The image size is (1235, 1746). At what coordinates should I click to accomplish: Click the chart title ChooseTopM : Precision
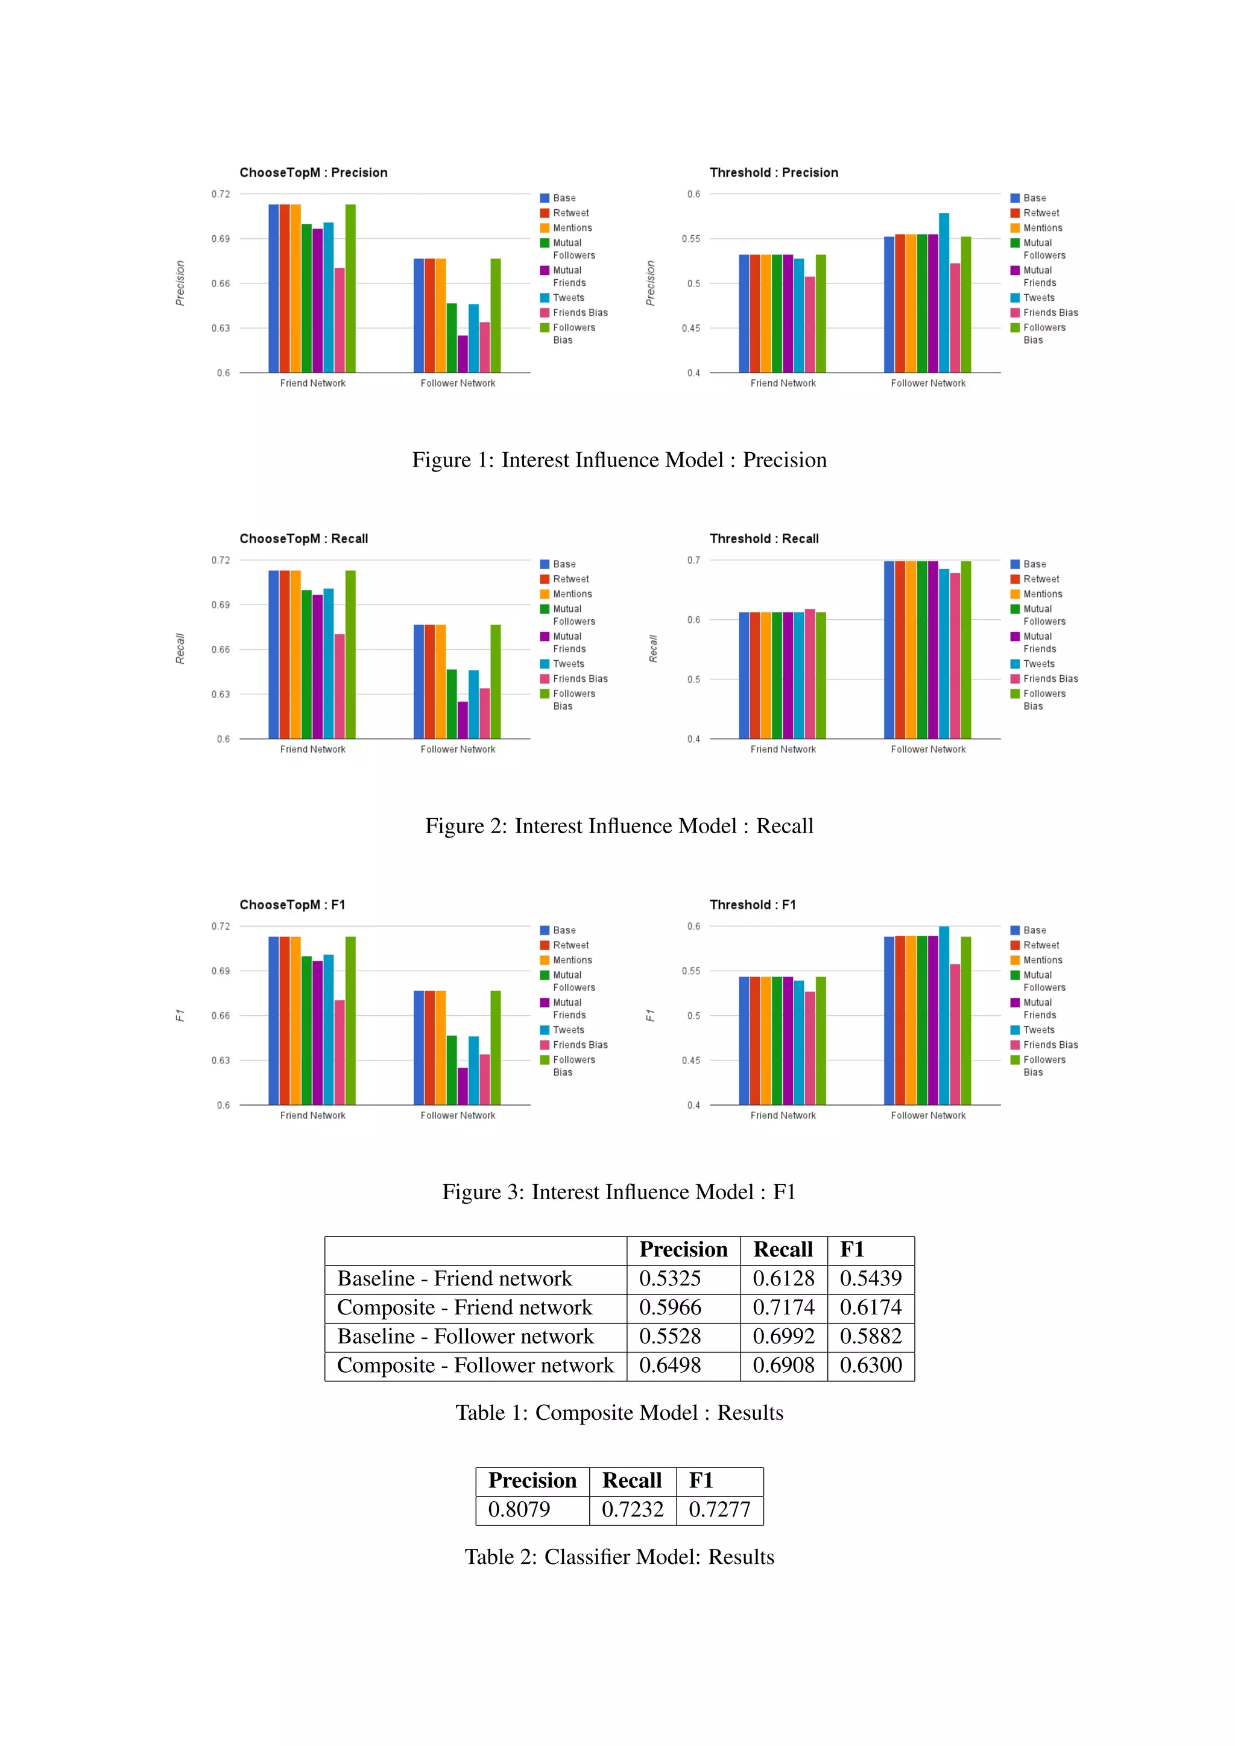314,172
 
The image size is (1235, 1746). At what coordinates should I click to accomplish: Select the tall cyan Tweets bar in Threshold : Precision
944,293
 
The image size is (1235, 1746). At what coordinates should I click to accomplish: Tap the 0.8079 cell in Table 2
519,1510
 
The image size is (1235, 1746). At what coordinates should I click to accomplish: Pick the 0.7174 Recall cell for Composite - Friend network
783,1307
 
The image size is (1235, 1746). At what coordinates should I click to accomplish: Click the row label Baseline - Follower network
466,1336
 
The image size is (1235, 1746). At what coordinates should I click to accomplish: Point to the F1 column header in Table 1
853,1249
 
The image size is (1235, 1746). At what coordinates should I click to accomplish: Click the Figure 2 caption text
619,826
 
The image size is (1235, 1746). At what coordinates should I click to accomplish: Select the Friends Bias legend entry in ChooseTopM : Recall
580,679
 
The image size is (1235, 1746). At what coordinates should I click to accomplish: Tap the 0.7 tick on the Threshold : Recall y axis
693,561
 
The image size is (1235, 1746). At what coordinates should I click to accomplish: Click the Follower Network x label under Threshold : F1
928,1115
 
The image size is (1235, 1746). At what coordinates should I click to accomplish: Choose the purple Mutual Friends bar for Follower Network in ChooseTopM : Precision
463,354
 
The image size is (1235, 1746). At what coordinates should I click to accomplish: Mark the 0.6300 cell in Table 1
871,1365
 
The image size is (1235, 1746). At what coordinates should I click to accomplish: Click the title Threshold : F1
752,905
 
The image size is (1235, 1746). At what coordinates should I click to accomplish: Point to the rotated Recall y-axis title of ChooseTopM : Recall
180,649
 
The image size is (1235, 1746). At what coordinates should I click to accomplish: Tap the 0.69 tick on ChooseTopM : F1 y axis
221,971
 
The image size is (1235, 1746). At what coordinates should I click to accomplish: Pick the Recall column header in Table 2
632,1481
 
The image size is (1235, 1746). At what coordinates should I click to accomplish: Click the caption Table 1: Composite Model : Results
619,1412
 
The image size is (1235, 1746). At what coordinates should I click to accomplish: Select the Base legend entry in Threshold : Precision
1034,198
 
